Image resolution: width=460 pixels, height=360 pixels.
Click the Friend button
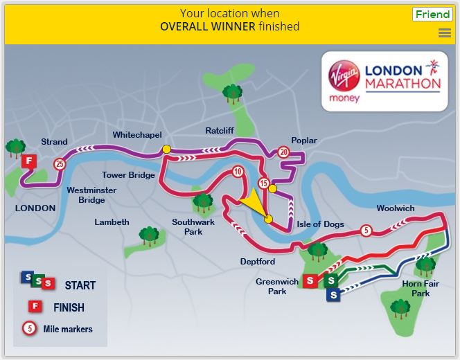(x=432, y=15)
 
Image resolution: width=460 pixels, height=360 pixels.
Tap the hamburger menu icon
(x=445, y=33)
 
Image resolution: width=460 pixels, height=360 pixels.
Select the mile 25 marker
(x=59, y=164)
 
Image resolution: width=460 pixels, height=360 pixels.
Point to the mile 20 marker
(x=283, y=152)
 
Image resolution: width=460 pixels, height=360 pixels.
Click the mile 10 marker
(x=238, y=172)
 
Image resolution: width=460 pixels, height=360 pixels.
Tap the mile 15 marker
(x=263, y=183)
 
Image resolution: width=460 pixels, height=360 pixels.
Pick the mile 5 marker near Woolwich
(x=366, y=231)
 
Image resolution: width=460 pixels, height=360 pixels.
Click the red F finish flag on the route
(x=28, y=162)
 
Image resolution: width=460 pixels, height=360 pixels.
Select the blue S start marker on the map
(x=334, y=296)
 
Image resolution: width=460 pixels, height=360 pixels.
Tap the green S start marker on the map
(x=331, y=280)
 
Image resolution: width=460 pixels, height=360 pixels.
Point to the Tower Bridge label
(x=128, y=175)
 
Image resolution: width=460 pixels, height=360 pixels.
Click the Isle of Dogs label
(x=320, y=224)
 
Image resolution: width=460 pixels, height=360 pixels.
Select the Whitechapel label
(x=137, y=134)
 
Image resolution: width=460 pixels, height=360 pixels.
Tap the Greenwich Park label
(x=276, y=287)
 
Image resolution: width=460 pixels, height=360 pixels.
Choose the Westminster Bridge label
(x=91, y=195)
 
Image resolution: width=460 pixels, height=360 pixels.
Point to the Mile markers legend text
(x=68, y=329)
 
